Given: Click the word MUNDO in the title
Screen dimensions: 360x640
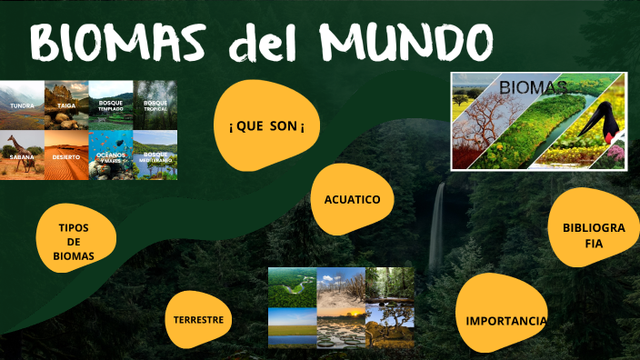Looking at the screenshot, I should (x=406, y=42).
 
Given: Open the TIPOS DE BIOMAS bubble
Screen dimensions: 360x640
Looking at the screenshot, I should (x=75, y=241).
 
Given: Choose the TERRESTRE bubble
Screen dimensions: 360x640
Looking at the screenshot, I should (x=199, y=319).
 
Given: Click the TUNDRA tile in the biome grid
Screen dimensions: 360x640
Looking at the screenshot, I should (x=22, y=105).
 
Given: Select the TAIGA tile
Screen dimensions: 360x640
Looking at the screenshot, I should (x=66, y=105).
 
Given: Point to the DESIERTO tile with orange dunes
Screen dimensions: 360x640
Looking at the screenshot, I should (x=66, y=155).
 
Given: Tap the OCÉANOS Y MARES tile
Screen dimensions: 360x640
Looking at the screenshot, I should (x=111, y=155).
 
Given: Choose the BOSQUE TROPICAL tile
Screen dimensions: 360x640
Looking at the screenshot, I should (x=155, y=105).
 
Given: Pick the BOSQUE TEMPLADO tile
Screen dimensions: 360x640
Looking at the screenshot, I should (x=111, y=105).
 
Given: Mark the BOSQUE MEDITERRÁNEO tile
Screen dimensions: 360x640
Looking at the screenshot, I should (x=155, y=155).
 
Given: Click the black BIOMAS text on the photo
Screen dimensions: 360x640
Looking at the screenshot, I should (x=534, y=87).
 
